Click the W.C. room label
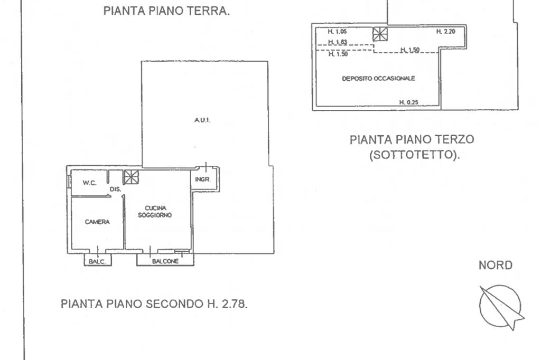pos(89,183)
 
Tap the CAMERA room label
pos(97,222)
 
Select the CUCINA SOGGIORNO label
pos(155,211)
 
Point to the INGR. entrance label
pos(202,179)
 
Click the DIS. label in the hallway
pos(116,190)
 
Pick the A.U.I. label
pos(202,120)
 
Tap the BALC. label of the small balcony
pos(97,261)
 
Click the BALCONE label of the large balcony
pos(165,261)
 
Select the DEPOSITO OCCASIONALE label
pos(378,79)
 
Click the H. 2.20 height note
pos(446,31)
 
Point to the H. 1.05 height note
pos(337,32)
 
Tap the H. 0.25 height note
pos(409,102)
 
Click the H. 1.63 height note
pos(338,42)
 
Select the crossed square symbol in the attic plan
pos(380,34)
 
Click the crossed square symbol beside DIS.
pos(131,177)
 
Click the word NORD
pos(496,265)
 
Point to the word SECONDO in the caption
pos(174,304)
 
